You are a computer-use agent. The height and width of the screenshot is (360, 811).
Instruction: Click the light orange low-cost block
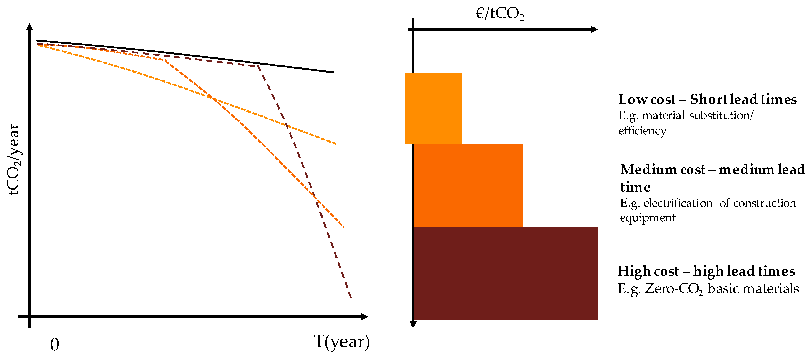coord(433,108)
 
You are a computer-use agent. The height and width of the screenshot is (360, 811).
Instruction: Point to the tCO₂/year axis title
coord(14,159)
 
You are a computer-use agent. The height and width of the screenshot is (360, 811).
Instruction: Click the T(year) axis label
coord(342,342)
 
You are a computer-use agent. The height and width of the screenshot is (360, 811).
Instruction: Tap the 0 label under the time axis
coord(55,344)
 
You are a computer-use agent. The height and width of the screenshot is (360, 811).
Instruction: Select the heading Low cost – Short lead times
coord(707,100)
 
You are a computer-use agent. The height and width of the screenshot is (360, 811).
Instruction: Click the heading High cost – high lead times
coord(706,271)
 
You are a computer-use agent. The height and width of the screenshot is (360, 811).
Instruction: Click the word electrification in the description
coord(678,203)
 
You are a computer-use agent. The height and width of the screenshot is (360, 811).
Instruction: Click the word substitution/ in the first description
coord(721,115)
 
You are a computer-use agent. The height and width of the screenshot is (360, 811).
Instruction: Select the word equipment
coord(647,218)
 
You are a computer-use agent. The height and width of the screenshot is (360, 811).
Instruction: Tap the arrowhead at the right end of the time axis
coord(365,317)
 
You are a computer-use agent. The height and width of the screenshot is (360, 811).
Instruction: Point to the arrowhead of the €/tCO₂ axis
coord(594,30)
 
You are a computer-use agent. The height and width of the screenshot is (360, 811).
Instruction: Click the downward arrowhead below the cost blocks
coord(413,325)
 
